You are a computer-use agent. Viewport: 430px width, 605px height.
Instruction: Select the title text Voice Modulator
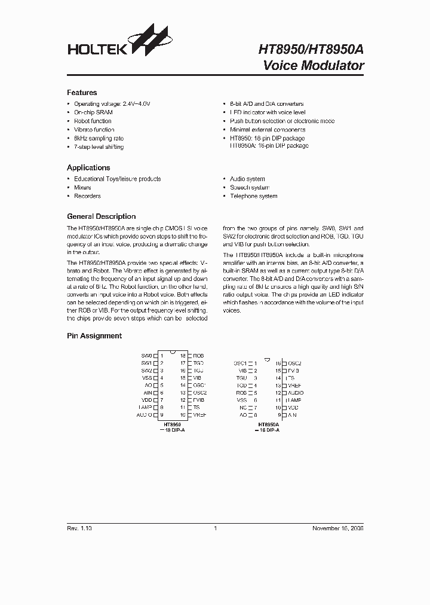coord(314,66)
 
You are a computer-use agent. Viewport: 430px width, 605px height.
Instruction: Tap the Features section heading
coord(82,93)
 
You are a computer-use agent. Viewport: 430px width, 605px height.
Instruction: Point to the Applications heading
coord(88,168)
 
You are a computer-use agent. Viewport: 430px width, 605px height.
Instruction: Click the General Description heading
coord(101,216)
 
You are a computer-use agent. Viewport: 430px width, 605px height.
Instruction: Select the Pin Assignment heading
coord(94,336)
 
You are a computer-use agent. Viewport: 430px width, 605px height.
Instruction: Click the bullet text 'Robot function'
coord(93,121)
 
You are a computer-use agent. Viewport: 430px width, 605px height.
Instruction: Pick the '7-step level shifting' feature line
coord(99,146)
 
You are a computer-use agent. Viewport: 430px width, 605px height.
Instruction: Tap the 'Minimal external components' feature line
coord(267,130)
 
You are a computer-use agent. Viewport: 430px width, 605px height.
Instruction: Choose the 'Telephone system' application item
coord(253,196)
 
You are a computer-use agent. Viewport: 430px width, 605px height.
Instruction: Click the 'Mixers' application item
coord(82,188)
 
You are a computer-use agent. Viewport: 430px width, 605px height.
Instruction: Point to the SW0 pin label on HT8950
coord(146,356)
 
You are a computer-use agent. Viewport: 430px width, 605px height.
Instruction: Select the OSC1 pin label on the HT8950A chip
coord(240,363)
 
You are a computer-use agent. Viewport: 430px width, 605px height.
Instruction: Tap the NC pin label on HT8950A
coord(242,407)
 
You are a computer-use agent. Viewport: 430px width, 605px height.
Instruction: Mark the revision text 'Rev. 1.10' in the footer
coord(79,528)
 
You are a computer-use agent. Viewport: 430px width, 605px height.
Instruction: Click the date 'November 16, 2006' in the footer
coord(338,528)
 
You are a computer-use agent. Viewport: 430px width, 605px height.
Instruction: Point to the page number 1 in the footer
coord(214,528)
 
